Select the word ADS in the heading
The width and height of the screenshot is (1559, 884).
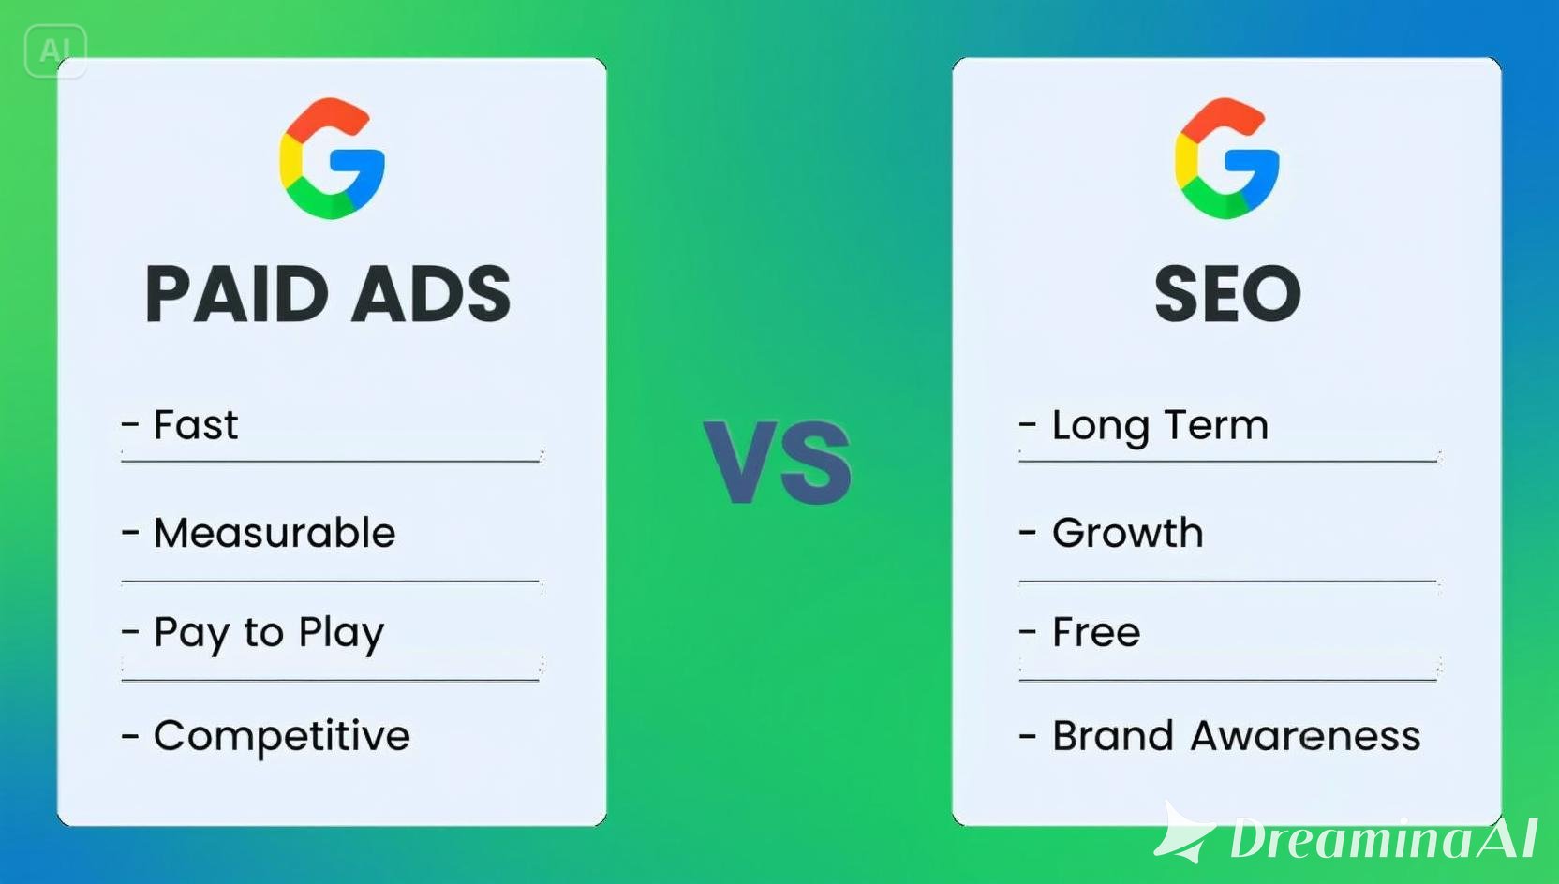pyautogui.click(x=431, y=293)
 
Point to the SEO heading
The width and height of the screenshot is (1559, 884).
pyautogui.click(x=1227, y=293)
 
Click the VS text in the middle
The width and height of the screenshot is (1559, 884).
pyautogui.click(x=778, y=462)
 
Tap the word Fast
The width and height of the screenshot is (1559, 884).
pyautogui.click(x=196, y=424)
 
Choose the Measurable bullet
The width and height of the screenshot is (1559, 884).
pyautogui.click(x=275, y=534)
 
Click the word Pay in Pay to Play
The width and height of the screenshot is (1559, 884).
pyautogui.click(x=191, y=634)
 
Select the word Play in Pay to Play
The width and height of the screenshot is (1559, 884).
pyautogui.click(x=341, y=634)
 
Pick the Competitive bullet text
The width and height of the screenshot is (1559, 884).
pyautogui.click(x=282, y=737)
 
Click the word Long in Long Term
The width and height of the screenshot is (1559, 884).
pyautogui.click(x=1100, y=426)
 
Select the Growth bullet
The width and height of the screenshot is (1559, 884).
pyautogui.click(x=1127, y=534)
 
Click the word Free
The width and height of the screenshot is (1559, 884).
pyautogui.click(x=1096, y=632)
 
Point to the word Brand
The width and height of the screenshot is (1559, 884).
pyautogui.click(x=1113, y=735)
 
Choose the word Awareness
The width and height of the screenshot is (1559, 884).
pyautogui.click(x=1306, y=735)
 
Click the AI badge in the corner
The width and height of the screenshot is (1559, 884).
pyautogui.click(x=55, y=51)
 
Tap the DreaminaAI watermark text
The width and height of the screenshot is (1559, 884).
pyautogui.click(x=1384, y=838)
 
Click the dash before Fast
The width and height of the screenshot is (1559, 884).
pyautogui.click(x=130, y=423)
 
